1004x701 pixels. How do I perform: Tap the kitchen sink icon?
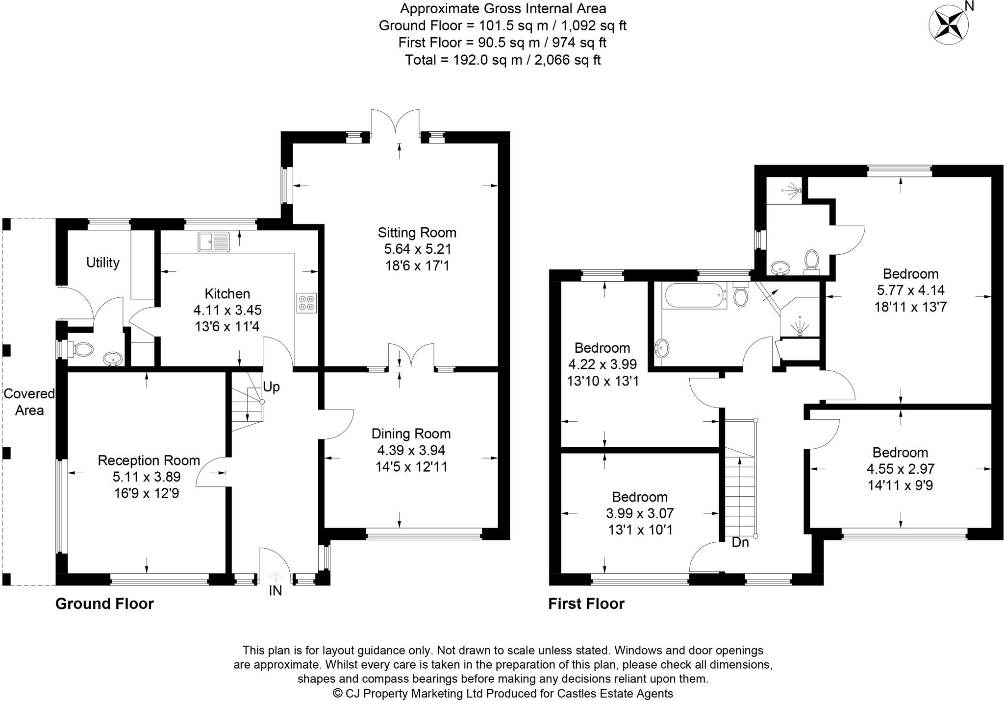point(214,242)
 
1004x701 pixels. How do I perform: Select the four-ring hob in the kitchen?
point(306,303)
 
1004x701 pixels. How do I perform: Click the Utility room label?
point(102,263)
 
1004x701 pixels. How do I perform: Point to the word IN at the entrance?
point(276,591)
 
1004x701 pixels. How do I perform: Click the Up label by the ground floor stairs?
point(271,387)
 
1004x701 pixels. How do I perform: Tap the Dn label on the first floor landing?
point(740,542)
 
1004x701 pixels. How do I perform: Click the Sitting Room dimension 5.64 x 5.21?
point(417,249)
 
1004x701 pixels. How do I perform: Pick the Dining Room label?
point(411,434)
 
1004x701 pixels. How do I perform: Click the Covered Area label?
point(29,402)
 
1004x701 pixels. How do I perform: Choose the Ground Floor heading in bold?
point(104,604)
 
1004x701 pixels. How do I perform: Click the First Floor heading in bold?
point(586,604)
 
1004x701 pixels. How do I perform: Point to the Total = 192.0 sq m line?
point(502,60)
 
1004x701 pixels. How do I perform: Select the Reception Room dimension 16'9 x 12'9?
point(147,493)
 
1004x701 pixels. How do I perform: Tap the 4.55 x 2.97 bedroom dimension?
point(901,469)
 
